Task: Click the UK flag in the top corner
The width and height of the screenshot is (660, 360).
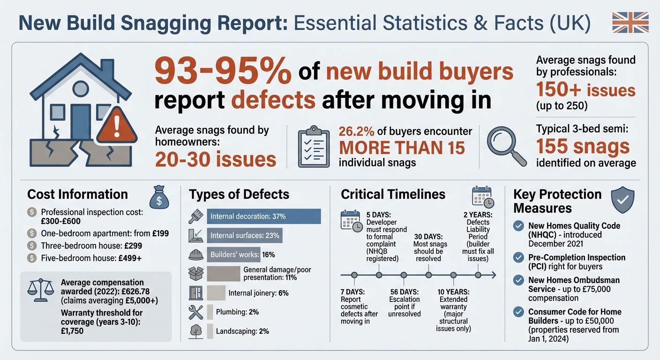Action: [x=630, y=22]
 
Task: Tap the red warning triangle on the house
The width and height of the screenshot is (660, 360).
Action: [x=116, y=126]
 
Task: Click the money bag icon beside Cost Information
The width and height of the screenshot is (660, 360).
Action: [x=158, y=197]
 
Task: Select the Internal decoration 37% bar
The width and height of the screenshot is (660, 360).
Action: [x=263, y=216]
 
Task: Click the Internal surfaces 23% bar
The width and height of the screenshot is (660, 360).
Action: [x=245, y=235]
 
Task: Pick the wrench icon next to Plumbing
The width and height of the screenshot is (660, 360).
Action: [x=195, y=312]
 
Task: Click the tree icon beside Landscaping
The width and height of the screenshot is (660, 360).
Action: [x=195, y=331]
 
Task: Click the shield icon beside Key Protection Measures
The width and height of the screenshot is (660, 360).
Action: [x=623, y=201]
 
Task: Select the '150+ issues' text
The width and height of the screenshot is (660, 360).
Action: [x=586, y=90]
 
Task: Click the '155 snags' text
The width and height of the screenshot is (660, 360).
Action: [x=583, y=146]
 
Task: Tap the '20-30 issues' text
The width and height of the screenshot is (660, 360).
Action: [x=215, y=159]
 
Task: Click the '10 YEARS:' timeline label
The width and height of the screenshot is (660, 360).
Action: [x=453, y=291]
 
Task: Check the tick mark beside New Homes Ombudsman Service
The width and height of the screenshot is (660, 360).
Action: [x=518, y=280]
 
